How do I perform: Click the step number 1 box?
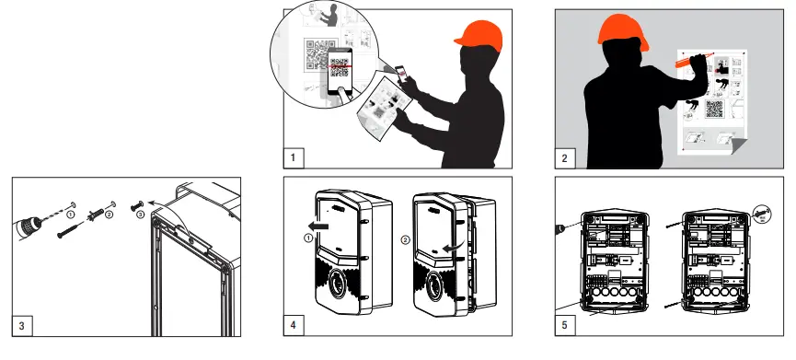[294, 158]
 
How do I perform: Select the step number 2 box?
[565, 158]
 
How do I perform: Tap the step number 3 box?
[22, 325]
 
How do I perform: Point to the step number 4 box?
[294, 325]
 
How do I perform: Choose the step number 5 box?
[565, 325]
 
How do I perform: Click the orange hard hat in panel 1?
[479, 36]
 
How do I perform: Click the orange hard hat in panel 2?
[622, 29]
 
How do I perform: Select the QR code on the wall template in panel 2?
[714, 110]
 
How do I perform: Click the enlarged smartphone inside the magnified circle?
[340, 71]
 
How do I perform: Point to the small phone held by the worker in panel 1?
[400, 75]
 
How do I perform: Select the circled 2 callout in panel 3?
[109, 215]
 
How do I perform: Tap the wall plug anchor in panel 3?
[96, 214]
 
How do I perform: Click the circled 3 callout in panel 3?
[141, 215]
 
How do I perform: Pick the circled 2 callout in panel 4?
[405, 239]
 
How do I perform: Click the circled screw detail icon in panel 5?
[761, 214]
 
